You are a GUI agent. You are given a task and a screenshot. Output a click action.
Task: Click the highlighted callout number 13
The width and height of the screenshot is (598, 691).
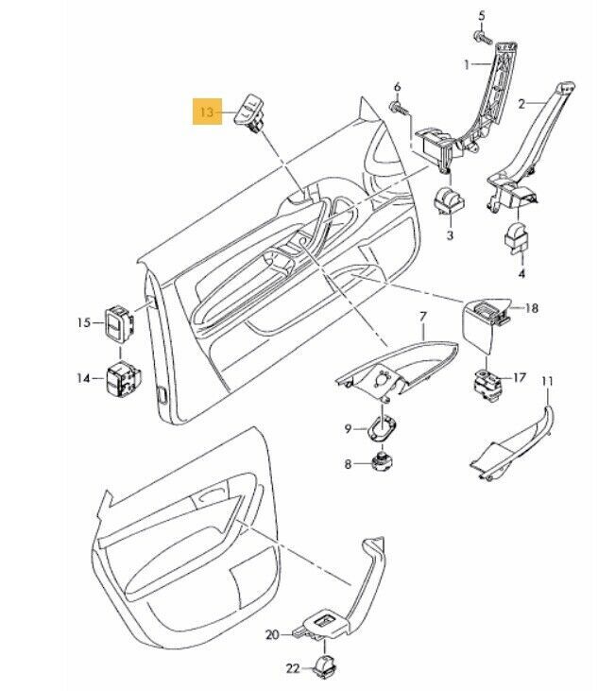point(207,112)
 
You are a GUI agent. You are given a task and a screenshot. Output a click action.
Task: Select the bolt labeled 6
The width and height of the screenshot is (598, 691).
point(399,108)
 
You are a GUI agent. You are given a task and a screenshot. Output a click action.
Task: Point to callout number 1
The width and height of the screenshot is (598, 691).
point(467,65)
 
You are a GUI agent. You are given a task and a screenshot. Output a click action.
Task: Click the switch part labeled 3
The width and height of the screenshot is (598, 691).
point(449,202)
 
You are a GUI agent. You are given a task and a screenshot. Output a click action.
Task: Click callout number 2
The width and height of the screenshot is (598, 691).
point(522,104)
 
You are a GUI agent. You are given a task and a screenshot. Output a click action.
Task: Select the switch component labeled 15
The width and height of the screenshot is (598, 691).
point(119,324)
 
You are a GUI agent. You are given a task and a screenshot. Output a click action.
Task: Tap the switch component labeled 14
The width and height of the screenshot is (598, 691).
point(123,378)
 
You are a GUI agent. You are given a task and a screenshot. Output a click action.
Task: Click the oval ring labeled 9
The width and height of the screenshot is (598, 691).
point(382,428)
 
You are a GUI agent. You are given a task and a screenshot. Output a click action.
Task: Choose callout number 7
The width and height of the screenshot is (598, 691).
point(422,316)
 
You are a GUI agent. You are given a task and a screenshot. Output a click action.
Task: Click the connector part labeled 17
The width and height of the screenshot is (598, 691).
point(487,385)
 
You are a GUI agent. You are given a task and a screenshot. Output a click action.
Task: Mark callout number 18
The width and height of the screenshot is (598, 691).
point(532,308)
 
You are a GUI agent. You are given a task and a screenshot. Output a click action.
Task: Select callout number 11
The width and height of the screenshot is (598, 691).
point(546,380)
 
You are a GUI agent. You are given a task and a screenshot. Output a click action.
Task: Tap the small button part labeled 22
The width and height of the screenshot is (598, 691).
point(325,665)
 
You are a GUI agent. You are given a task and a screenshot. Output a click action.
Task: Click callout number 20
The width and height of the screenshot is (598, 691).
point(272,634)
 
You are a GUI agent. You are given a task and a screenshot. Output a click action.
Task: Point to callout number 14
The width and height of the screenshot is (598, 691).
point(83,378)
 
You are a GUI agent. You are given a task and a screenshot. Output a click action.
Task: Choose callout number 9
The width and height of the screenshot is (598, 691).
point(348,428)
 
